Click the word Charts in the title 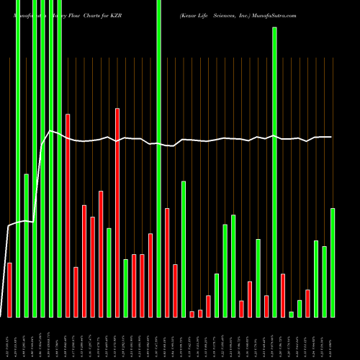[94, 14]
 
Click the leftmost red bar [9, 289]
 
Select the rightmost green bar [333, 262]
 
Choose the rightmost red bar [307, 303]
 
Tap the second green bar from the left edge [27, 245]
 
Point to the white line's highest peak [50, 130]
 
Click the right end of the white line [332, 137]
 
